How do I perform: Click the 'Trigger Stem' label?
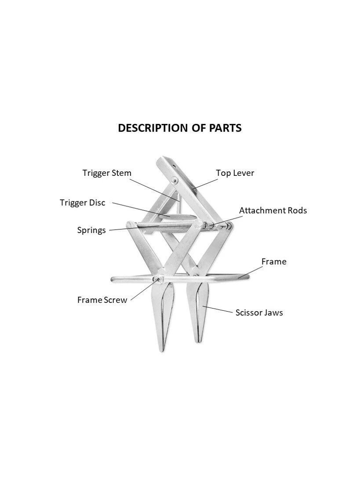point(107,173)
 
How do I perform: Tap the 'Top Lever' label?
point(235,173)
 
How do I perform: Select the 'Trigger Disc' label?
point(83,203)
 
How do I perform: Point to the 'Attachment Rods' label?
point(273,210)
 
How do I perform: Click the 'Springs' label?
point(91,230)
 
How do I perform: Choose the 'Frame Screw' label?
point(102,300)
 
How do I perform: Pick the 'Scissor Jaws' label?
point(259,313)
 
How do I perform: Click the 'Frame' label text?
point(273,262)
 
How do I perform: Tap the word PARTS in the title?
point(225,128)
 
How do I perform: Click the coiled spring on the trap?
point(167,227)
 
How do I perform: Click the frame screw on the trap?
point(158,279)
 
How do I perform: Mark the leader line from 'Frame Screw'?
point(143,291)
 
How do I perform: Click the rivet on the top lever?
point(175,180)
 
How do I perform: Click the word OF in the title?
point(196,128)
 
